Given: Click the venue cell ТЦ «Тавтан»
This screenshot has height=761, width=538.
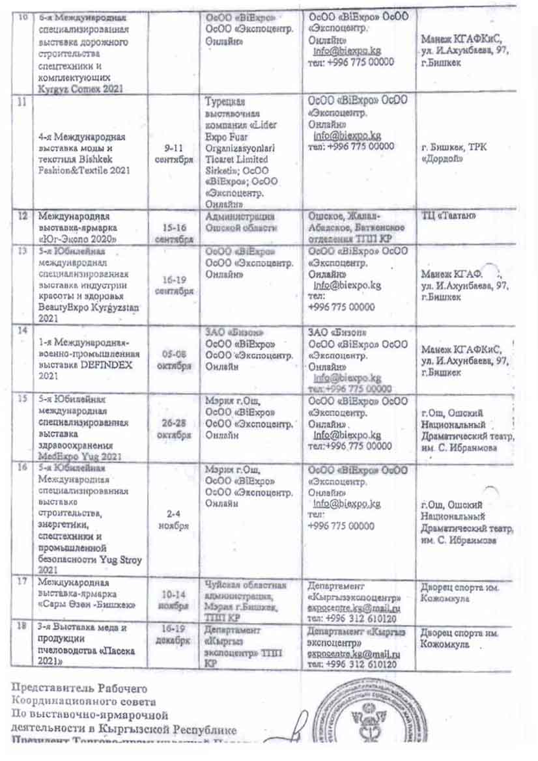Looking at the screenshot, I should [446, 217].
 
